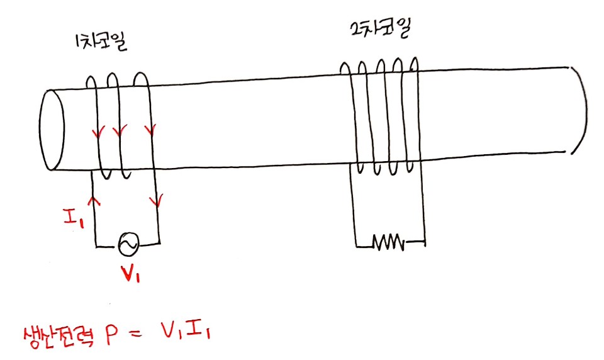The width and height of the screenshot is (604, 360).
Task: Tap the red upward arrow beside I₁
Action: (x=95, y=201)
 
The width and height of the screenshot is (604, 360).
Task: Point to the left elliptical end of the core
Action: (x=52, y=130)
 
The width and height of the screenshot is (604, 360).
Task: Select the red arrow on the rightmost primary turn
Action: (x=150, y=131)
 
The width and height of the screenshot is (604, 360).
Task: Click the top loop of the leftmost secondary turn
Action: (x=345, y=67)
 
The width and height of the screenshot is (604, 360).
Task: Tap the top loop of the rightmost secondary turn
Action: (x=415, y=64)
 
